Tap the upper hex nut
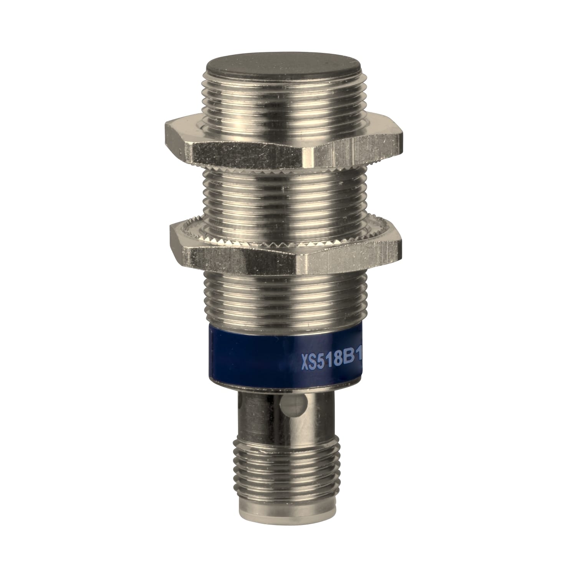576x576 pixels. (x=284, y=148)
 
